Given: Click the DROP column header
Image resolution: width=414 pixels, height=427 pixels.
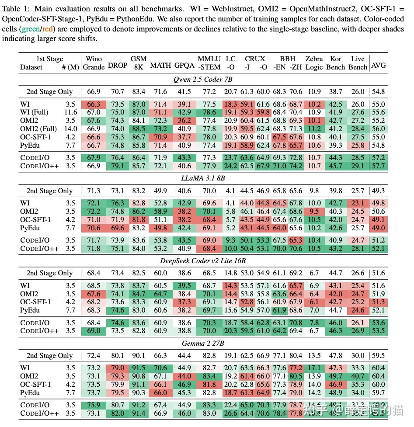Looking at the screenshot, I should coord(118,65).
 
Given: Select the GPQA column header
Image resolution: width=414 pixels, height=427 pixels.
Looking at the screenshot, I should coord(184,66).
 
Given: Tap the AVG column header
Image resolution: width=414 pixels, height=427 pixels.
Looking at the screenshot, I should coord(378,65).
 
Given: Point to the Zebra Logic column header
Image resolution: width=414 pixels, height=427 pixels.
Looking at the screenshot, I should coord(314,62).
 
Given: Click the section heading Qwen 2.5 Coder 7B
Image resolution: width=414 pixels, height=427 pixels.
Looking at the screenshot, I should coord(203,79).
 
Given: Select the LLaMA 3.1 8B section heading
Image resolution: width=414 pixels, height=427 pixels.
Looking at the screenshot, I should coord(203,178).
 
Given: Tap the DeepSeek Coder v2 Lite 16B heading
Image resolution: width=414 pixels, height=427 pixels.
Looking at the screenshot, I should coord(203,260).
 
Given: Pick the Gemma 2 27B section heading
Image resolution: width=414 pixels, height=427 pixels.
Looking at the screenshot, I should coord(203,343).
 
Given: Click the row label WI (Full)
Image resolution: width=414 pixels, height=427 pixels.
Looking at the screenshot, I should coord(34,112).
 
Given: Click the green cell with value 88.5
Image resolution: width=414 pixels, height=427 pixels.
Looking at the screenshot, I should coord(139,129).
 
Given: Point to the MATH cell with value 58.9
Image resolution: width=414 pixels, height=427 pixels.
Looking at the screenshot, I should coord(160,211).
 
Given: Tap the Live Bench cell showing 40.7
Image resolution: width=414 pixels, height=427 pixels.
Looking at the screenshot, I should coord(358,376).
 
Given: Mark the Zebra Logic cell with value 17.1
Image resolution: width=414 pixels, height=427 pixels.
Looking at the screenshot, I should coord(314,368).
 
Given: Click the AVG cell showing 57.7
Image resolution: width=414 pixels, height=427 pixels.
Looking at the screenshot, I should coord(378,166).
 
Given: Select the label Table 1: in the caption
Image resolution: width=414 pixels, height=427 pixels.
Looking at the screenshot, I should coord(17,8).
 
